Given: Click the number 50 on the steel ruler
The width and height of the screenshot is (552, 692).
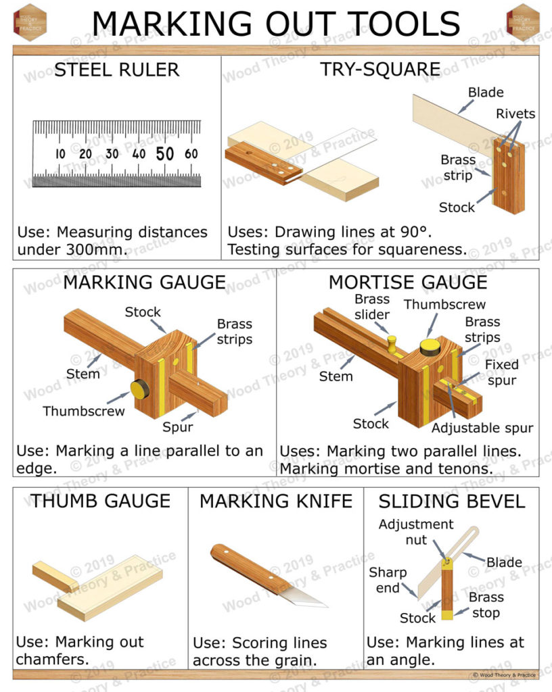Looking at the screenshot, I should [166, 153].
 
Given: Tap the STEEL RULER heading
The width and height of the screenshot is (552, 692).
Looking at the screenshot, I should [116, 70].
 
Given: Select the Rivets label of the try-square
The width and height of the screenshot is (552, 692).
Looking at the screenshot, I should [515, 114].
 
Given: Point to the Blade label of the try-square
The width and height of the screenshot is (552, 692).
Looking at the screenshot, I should [486, 93].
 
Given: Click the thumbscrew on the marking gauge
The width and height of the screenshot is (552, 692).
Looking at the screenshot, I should [140, 389].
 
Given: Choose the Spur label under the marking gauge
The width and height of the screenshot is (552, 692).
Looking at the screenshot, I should [178, 426].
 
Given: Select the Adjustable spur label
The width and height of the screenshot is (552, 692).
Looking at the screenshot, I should [482, 428].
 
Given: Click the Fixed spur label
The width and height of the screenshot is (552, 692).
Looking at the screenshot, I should [501, 372].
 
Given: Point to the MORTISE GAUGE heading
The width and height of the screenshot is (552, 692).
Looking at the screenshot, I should [407, 282].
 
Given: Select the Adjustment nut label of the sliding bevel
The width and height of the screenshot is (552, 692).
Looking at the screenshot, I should [415, 532].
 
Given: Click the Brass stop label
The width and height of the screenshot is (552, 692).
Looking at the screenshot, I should [486, 605].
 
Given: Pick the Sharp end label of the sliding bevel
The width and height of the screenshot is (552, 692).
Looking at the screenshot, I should [388, 580].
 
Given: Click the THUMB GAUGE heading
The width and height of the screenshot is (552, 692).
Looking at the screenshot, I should [100, 501].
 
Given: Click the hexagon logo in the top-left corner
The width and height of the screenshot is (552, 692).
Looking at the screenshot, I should [30, 22].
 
